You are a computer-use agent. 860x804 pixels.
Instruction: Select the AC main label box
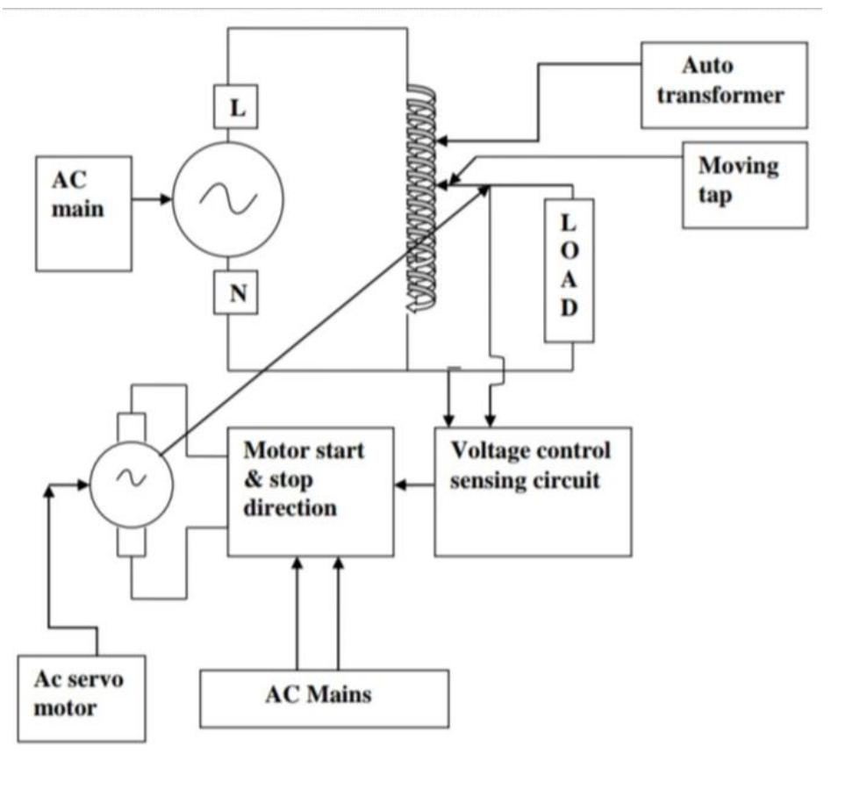(x=83, y=213)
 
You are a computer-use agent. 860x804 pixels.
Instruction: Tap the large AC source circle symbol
(x=228, y=201)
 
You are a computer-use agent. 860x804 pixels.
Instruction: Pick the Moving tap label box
(x=744, y=184)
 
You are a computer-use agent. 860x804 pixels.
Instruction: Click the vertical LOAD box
(x=569, y=270)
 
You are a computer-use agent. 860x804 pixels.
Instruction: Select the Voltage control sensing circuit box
(x=533, y=492)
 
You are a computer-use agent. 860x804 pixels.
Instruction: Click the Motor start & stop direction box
(x=310, y=492)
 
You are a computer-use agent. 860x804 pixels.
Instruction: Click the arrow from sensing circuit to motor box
(x=414, y=485)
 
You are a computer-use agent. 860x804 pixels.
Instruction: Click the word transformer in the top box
(x=720, y=96)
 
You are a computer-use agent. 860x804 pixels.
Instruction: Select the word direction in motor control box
(x=290, y=508)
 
